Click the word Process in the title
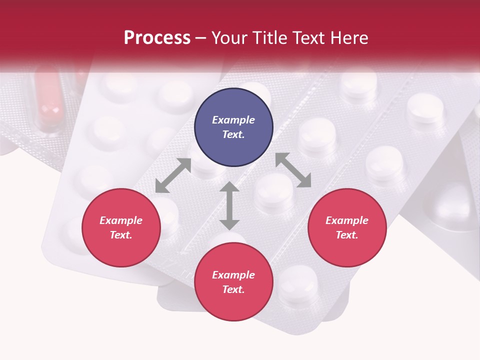pyautogui.click(x=157, y=38)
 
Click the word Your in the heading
pyautogui.click(x=228, y=38)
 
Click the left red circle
pyautogui.click(x=121, y=227)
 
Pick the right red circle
pyautogui.click(x=346, y=227)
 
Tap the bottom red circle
pyautogui.click(x=233, y=282)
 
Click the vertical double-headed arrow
pyautogui.click(x=229, y=206)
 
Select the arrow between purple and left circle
pyautogui.click(x=173, y=175)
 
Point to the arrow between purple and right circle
pyautogui.click(x=293, y=170)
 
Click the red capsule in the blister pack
pyautogui.click(x=48, y=100)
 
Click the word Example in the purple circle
pyautogui.click(x=233, y=120)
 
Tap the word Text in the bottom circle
pyautogui.click(x=233, y=289)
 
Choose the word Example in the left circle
pyautogui.click(x=121, y=220)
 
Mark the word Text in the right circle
pyautogui.click(x=346, y=235)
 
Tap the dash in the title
pyautogui.click(x=200, y=38)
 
